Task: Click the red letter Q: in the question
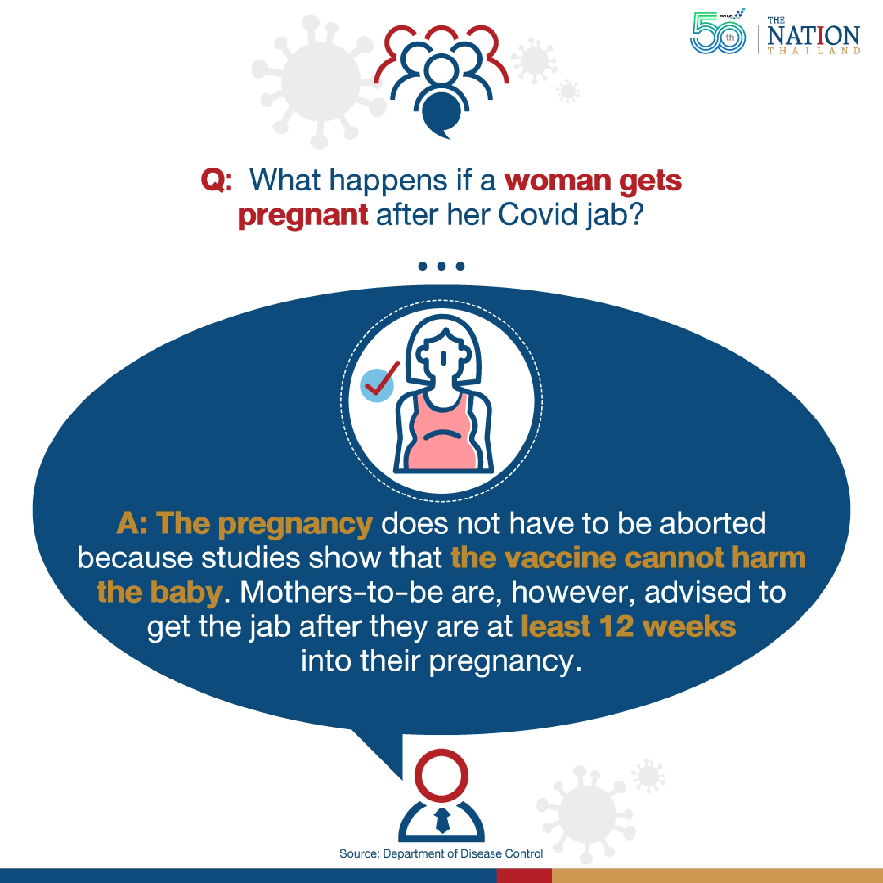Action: [216, 181]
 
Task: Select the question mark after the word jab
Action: [636, 215]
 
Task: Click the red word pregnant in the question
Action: [302, 215]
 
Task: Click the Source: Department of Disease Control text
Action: [441, 854]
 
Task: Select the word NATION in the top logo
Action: [813, 36]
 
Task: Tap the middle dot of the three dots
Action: [441, 266]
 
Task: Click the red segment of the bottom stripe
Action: [524, 875]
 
